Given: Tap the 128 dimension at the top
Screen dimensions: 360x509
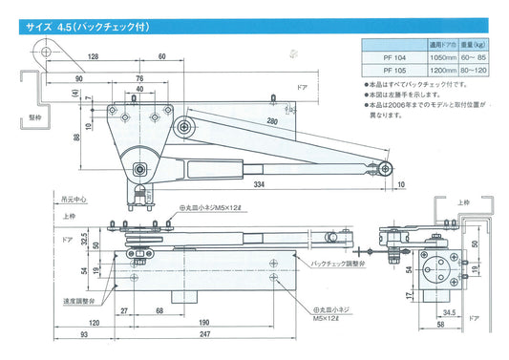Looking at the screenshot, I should coord(94,58).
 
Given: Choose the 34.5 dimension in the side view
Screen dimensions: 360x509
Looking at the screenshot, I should coord(448,311).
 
